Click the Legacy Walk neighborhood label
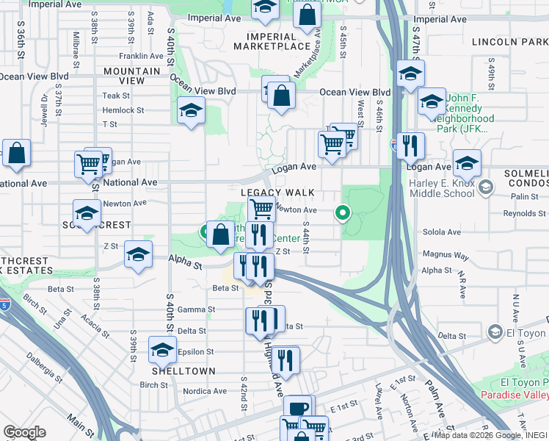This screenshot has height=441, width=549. (x=277, y=193)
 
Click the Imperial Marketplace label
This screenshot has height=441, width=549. (x=272, y=41)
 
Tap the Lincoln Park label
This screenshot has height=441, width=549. (x=510, y=42)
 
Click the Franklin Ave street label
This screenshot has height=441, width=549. (x=141, y=56)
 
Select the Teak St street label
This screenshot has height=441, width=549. (x=116, y=96)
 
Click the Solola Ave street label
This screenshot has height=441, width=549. (x=441, y=232)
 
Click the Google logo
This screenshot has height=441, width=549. (x=24, y=432)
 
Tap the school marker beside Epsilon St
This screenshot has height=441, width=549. (x=162, y=349)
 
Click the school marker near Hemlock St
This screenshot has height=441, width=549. (x=191, y=112)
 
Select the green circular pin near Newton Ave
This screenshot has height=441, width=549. (x=342, y=214)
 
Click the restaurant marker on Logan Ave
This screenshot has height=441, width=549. (x=409, y=146)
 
